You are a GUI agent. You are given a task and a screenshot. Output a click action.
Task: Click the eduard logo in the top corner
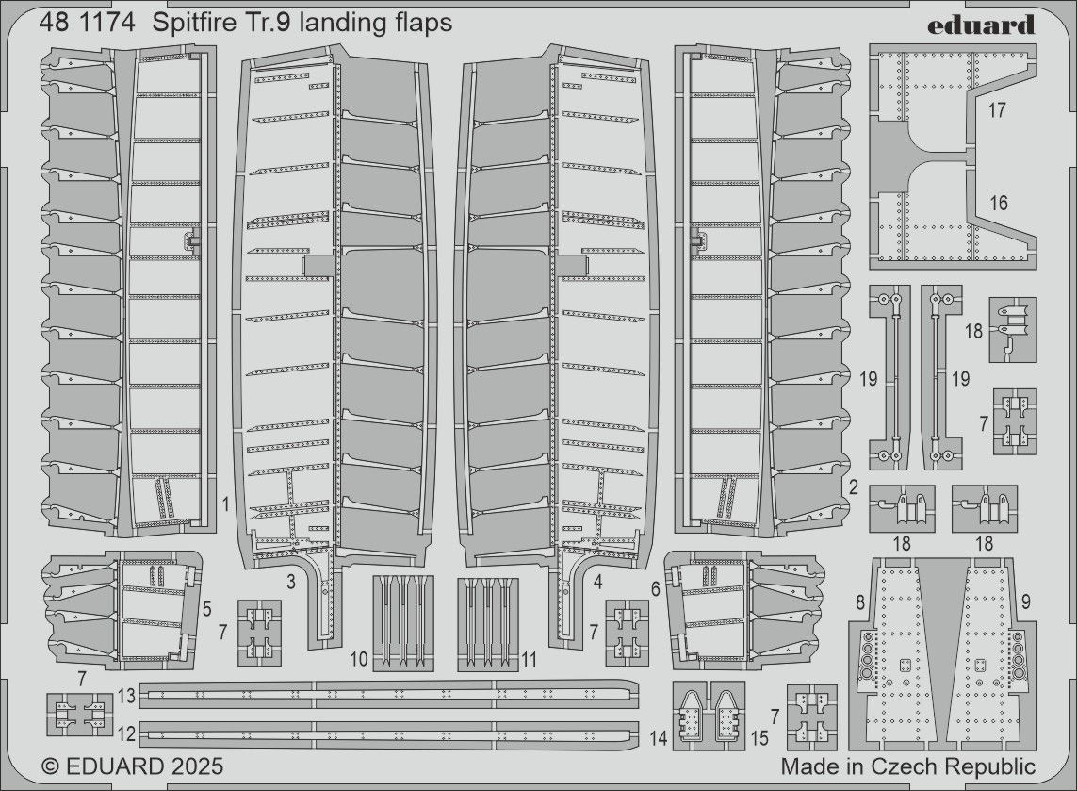(980, 25)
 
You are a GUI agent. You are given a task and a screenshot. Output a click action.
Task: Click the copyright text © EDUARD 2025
(133, 766)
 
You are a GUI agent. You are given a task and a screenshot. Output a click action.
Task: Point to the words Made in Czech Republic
(907, 766)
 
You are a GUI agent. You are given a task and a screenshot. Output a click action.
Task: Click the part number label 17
(999, 110)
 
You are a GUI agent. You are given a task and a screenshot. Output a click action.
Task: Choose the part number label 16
(999, 204)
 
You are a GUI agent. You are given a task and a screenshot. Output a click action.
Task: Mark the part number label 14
(658, 739)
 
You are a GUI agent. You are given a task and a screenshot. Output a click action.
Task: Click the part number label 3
(291, 583)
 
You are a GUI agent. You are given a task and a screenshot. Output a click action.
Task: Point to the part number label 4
(597, 583)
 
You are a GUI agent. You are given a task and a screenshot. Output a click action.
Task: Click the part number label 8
(858, 601)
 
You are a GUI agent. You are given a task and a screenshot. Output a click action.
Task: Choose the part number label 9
(1025, 601)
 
